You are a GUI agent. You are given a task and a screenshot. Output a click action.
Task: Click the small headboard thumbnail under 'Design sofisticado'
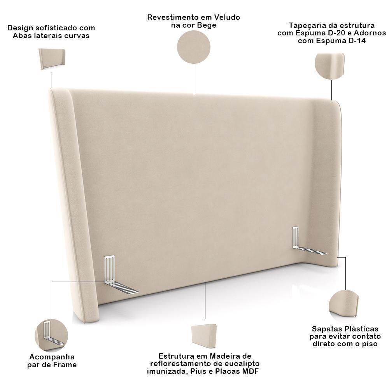52,59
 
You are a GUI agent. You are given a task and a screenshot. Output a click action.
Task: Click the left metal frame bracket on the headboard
117,276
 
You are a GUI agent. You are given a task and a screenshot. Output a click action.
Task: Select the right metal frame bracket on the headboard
306,243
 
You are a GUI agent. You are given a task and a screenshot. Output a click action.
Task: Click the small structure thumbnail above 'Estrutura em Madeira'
205,336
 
